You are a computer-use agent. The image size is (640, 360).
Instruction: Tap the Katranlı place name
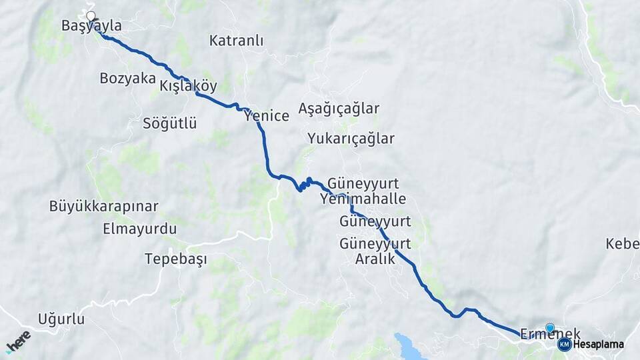coord(236,41)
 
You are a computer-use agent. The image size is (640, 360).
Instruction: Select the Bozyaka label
coord(127,78)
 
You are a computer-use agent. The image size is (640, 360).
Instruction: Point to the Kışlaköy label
coord(189,86)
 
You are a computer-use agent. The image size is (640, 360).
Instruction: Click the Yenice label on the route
coord(267,116)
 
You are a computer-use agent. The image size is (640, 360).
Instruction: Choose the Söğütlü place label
coord(170,123)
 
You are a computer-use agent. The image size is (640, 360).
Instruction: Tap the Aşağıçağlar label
coord(339,109)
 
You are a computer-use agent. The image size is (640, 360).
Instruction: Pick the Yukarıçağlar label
coord(351,139)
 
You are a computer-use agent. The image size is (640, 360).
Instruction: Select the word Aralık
coord(375,259)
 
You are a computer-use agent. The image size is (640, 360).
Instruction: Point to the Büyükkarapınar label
coord(103,206)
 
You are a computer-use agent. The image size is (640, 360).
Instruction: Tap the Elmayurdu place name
coord(139,229)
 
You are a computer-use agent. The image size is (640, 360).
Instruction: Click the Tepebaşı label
coord(176,259)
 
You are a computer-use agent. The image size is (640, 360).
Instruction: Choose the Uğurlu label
coord(61,319)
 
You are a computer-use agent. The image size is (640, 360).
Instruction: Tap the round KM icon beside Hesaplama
coord(565,345)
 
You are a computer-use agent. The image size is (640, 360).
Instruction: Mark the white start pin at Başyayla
coord(91,15)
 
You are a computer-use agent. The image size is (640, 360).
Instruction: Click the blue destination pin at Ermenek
coord(550,327)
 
